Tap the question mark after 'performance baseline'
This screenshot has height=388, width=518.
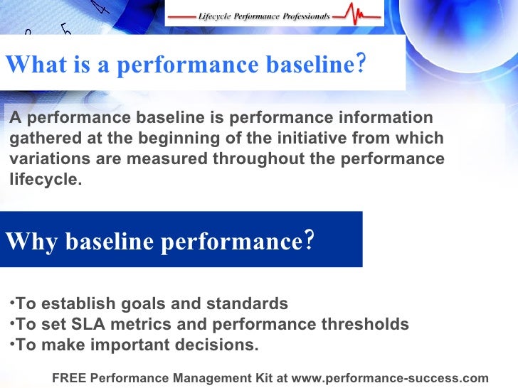(x=361, y=65)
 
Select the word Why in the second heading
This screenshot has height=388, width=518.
(x=31, y=242)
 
